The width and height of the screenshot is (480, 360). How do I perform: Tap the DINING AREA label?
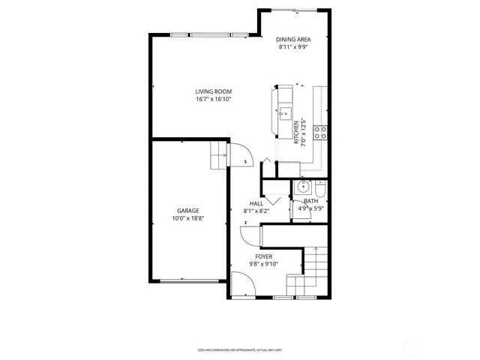[293, 39]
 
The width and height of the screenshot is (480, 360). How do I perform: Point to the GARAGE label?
[187, 211]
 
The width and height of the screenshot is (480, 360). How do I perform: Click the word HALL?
[256, 203]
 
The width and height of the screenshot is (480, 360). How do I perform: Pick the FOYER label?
[262, 256]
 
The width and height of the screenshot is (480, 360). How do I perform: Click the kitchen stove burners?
[319, 133]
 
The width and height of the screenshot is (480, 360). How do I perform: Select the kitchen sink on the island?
[285, 114]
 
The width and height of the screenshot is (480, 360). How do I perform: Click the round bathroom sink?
[304, 187]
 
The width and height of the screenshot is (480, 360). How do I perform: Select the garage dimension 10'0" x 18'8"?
[187, 219]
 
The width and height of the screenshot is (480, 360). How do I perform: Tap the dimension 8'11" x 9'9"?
[293, 46]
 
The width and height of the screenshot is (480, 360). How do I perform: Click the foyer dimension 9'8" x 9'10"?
[262, 264]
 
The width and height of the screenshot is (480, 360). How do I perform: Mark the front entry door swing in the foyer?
[243, 285]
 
